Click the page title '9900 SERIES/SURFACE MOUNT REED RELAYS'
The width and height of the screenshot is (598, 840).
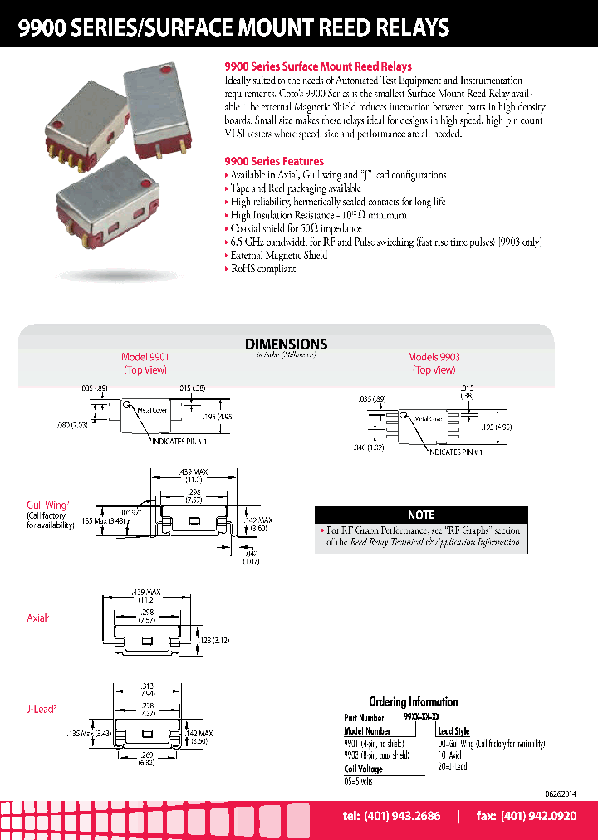(x=234, y=27)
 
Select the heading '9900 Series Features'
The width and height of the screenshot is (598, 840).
(x=274, y=161)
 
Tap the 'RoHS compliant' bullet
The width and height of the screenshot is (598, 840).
(x=263, y=269)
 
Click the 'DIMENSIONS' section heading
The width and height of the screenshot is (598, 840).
(x=286, y=344)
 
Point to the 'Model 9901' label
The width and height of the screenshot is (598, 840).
(x=145, y=357)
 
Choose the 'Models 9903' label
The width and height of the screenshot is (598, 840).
(x=434, y=357)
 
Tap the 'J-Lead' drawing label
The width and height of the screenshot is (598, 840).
(x=41, y=709)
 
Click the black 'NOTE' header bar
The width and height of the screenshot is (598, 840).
(x=421, y=515)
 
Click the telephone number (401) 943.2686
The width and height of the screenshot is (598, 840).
(x=391, y=817)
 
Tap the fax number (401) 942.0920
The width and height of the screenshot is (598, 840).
(x=526, y=817)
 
